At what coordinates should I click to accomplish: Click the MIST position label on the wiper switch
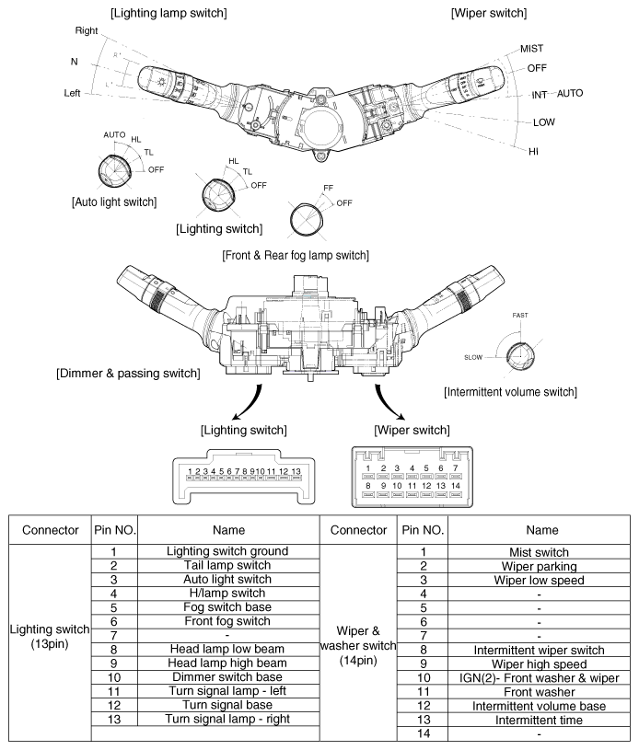click(531, 48)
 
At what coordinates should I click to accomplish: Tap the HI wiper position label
click(533, 152)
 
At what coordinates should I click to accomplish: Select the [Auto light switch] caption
click(114, 202)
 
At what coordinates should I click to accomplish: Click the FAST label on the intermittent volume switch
click(520, 316)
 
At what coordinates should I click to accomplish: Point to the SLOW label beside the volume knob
click(473, 357)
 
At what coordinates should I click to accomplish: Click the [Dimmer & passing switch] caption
click(128, 373)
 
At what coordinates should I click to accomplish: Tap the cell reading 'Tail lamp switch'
click(227, 565)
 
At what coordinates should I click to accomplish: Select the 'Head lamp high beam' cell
click(227, 663)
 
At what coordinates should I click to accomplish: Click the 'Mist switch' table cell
click(539, 552)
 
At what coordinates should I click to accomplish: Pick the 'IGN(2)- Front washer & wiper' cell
click(539, 678)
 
